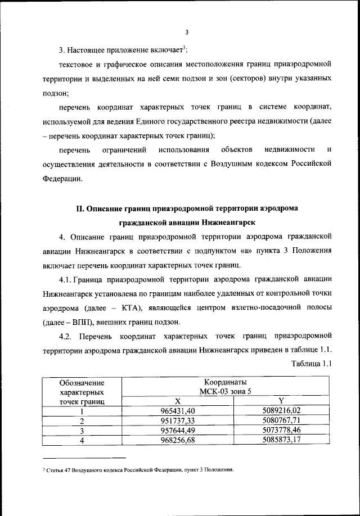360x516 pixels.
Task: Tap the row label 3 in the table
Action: tap(82, 431)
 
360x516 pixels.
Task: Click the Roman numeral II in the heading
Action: tap(80, 208)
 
